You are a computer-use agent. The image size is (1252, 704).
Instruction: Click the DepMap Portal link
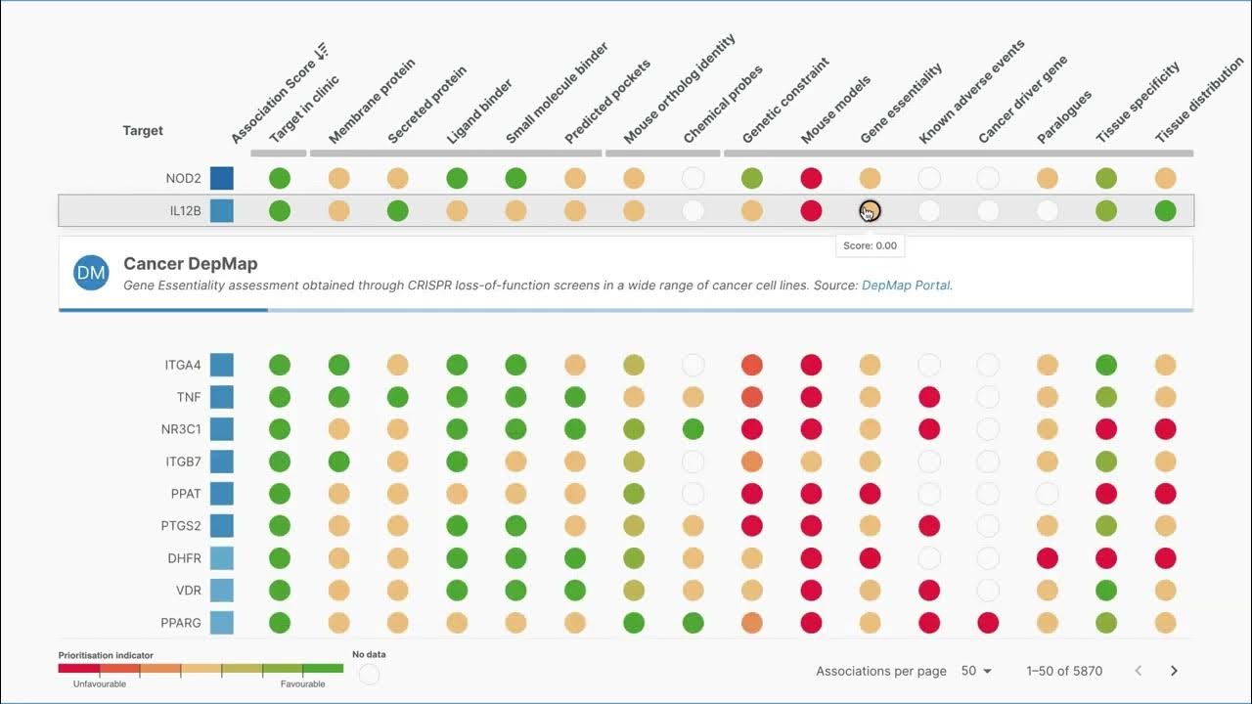click(x=906, y=286)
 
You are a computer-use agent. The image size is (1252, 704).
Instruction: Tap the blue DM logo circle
click(x=91, y=274)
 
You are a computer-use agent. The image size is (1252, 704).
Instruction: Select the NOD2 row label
click(x=183, y=179)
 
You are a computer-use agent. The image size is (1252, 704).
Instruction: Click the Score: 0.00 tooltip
click(x=870, y=245)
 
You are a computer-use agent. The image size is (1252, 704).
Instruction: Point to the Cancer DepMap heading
click(x=191, y=264)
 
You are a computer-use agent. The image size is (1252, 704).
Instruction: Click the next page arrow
click(x=1174, y=671)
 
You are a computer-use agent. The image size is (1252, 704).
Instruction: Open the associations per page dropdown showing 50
click(x=976, y=671)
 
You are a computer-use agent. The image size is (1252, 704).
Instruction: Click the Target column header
click(x=143, y=131)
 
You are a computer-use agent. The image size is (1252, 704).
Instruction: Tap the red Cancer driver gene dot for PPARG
click(x=988, y=623)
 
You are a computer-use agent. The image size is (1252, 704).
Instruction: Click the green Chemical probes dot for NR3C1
click(x=693, y=429)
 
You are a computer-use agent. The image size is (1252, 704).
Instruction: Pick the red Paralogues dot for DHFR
click(x=1047, y=558)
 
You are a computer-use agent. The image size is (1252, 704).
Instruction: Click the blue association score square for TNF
click(x=221, y=397)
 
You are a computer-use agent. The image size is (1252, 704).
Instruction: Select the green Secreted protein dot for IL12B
click(x=397, y=210)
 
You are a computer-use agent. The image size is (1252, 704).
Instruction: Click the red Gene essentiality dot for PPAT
click(x=870, y=494)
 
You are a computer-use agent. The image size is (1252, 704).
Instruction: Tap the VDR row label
click(x=188, y=591)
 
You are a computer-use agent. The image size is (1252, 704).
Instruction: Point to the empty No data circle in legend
click(x=369, y=674)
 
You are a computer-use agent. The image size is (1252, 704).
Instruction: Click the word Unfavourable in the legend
click(x=100, y=684)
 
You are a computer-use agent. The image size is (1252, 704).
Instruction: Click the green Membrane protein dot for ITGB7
click(x=338, y=462)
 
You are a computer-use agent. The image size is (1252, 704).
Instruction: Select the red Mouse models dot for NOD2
click(x=811, y=179)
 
